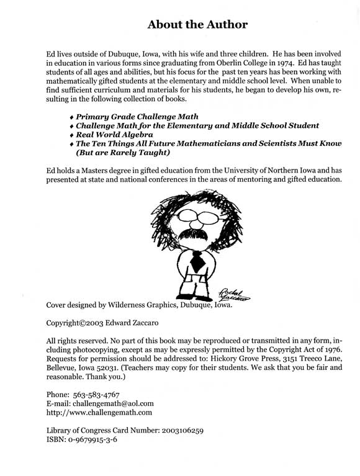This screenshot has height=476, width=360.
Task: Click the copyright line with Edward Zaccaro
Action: point(103,323)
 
